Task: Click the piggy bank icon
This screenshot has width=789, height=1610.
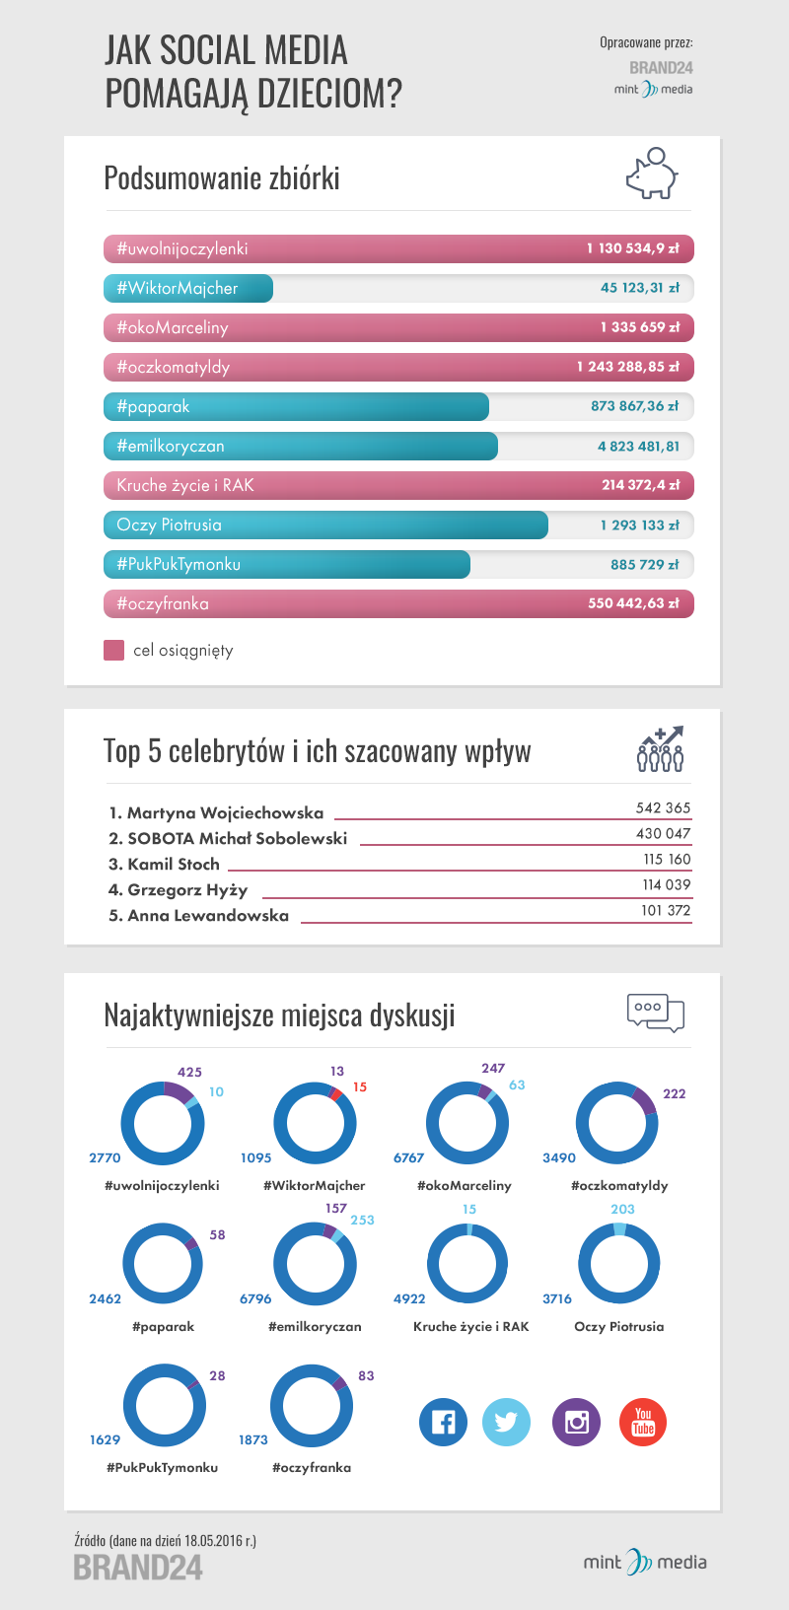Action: (x=652, y=175)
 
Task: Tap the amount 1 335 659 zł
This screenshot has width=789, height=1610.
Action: (x=639, y=327)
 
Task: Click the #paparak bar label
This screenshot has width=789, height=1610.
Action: (x=153, y=406)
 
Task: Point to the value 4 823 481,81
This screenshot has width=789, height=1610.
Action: (x=638, y=446)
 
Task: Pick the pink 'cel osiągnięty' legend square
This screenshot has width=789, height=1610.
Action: (x=114, y=651)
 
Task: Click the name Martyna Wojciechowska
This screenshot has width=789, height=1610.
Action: (x=225, y=813)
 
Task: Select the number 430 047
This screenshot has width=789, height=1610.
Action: (x=663, y=833)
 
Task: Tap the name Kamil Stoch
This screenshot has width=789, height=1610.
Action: (x=174, y=865)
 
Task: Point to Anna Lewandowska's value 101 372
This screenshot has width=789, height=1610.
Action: (x=666, y=910)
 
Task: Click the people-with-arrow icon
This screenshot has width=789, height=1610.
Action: (x=661, y=749)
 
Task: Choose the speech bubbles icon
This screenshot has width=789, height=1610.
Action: (x=656, y=1013)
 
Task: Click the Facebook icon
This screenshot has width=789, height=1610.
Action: (x=444, y=1422)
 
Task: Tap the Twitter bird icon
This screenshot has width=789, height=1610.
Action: (x=506, y=1422)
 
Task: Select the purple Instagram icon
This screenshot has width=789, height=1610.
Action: (x=576, y=1422)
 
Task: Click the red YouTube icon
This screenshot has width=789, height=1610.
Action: (x=643, y=1422)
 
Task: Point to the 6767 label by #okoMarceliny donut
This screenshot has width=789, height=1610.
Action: (x=408, y=1157)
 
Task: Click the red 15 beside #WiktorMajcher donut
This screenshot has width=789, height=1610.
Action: (x=360, y=1086)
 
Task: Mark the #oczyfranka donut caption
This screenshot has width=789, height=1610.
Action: (x=312, y=1467)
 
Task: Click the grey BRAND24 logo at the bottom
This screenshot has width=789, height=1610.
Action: (x=138, y=1567)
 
